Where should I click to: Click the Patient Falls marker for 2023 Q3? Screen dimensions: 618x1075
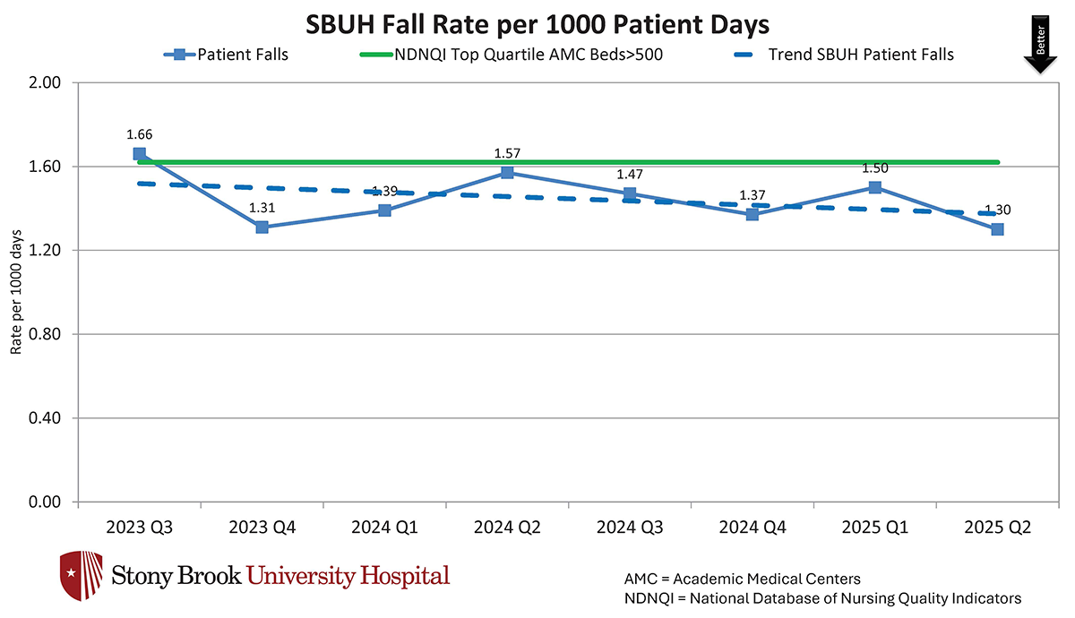point(140,154)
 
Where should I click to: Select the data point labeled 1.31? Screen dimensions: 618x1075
point(262,227)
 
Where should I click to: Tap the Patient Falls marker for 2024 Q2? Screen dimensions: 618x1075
point(507,172)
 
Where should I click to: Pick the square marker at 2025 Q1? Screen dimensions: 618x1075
point(874,187)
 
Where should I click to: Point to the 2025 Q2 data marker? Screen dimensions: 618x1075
point(997,229)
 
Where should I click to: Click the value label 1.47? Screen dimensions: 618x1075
point(630,174)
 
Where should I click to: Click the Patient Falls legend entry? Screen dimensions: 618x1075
point(225,55)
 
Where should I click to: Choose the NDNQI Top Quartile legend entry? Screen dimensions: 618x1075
point(529,55)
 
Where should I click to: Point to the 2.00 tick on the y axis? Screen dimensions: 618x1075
point(45,82)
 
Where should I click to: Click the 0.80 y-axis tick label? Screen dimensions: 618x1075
point(45,334)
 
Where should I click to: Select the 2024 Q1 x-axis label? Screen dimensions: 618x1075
point(384,528)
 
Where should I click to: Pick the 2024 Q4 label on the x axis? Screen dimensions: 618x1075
point(752,528)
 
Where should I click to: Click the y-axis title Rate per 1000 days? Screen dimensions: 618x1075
point(15,292)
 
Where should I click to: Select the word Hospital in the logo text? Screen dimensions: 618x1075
point(401,575)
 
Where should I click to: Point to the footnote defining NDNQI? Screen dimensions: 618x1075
point(822,598)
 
